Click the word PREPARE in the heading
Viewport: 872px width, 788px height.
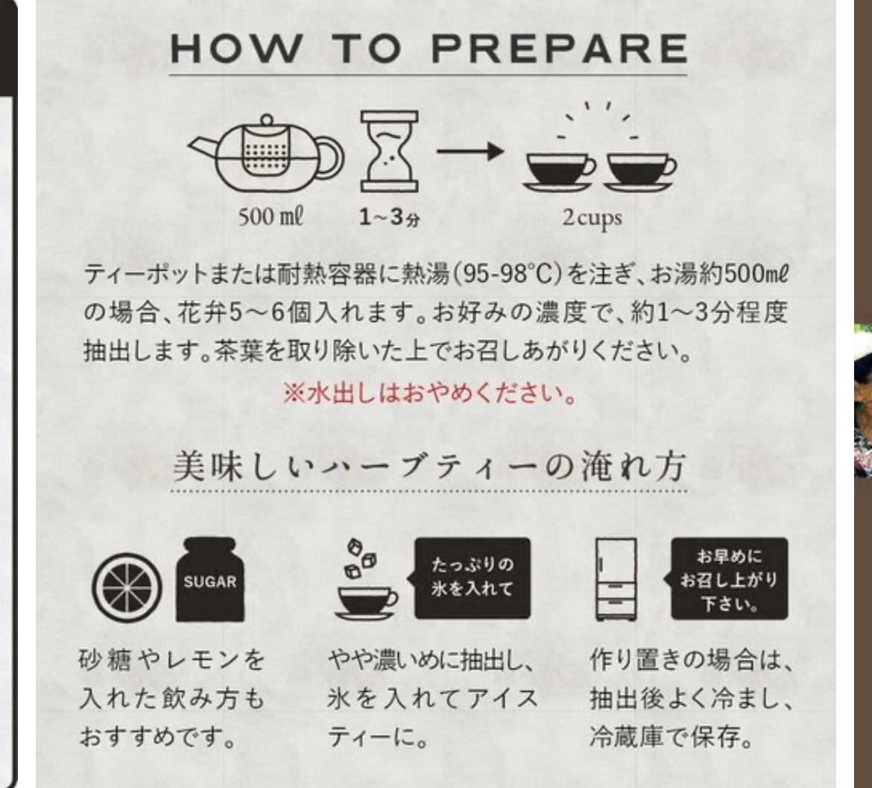(x=560, y=48)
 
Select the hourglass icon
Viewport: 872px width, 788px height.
(x=389, y=151)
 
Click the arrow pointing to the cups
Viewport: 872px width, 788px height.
(x=470, y=151)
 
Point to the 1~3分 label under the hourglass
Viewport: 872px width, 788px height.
(x=389, y=217)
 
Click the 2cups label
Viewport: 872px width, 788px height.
(x=592, y=218)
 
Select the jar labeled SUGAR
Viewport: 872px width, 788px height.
(x=210, y=580)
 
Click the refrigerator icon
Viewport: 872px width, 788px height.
(x=616, y=579)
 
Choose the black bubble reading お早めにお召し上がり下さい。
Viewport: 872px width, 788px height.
(x=727, y=579)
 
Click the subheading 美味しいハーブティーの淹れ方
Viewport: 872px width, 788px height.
(x=429, y=466)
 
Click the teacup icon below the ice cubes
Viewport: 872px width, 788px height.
(x=366, y=602)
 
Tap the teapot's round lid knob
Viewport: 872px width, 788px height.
(x=267, y=121)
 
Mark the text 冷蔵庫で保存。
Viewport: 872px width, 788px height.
(x=672, y=737)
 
